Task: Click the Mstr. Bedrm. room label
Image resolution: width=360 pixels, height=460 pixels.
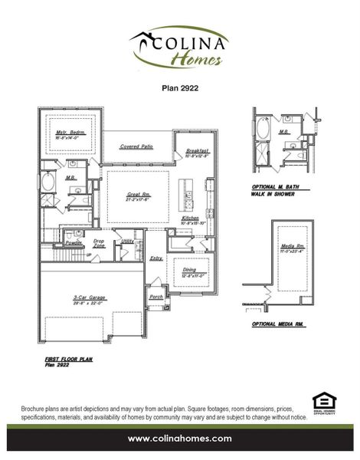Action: coord(70,132)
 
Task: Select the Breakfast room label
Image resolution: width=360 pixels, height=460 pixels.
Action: coord(197,152)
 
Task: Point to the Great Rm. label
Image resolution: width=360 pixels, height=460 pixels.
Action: coord(138,195)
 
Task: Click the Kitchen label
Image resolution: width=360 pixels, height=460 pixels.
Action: coord(191,219)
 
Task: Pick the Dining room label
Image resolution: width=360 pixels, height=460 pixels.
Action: coord(188,270)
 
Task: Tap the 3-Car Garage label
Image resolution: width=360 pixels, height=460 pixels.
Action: coord(90,297)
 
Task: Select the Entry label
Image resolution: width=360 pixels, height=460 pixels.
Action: coord(156,258)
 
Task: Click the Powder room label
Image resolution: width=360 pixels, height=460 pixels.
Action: coord(74,242)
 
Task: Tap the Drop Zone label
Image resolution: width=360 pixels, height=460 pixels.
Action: coord(100,242)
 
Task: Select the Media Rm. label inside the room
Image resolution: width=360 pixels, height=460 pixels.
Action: coord(292,245)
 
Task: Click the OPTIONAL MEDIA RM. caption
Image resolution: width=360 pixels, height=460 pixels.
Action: coord(278,325)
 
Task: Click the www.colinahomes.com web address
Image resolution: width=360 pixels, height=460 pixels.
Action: coord(179,438)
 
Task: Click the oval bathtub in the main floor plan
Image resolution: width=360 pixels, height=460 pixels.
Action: coord(48,182)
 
